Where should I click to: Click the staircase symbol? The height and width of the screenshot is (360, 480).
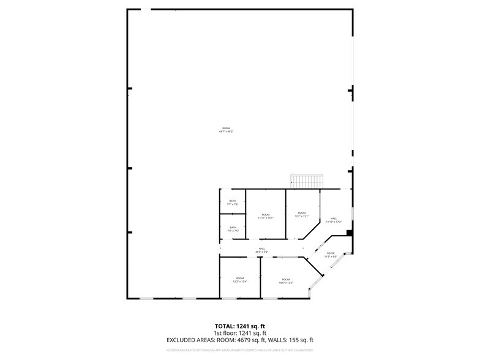[x=307, y=181]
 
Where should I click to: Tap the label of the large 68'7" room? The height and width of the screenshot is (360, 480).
[x=226, y=130]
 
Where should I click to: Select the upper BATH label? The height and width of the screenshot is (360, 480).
[x=233, y=203]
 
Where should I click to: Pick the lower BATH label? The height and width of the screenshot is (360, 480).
[x=233, y=229]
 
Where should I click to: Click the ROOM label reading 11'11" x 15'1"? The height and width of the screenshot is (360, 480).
[x=265, y=216]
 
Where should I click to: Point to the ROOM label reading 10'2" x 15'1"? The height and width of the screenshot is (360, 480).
[x=302, y=215]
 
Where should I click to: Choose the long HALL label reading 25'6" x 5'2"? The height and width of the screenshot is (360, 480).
[x=261, y=250]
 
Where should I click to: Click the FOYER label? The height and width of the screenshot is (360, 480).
[x=331, y=255]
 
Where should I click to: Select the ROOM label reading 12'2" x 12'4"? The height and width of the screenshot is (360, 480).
[x=240, y=280]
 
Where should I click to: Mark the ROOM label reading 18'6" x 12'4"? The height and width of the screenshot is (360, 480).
[x=286, y=281]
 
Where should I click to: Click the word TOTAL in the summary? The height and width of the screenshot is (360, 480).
[x=223, y=326]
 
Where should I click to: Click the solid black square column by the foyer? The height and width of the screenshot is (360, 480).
[x=348, y=233]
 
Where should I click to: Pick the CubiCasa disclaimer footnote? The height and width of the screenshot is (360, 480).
[x=240, y=350]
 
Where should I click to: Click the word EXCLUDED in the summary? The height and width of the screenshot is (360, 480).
[x=184, y=339]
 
